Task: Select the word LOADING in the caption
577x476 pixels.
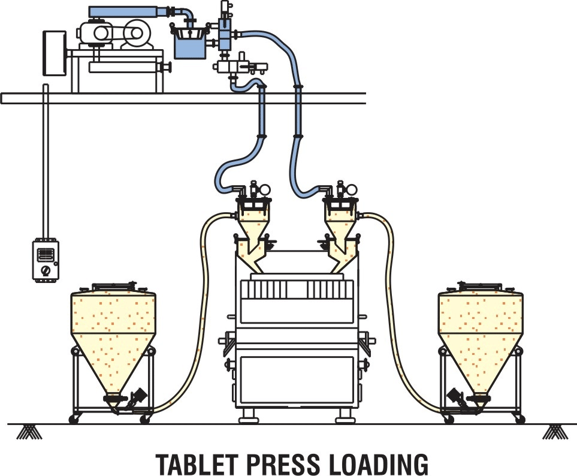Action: click(378, 464)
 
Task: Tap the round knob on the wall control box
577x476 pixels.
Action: click(46, 270)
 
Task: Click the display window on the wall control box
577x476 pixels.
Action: click(46, 255)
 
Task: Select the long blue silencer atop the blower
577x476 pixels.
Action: click(128, 12)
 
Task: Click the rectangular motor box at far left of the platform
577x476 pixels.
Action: click(55, 53)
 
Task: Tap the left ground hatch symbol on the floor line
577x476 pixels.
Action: click(29, 432)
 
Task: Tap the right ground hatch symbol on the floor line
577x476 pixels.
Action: click(555, 432)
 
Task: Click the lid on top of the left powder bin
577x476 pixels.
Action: click(114, 286)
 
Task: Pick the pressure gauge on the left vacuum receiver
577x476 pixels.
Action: click(265, 189)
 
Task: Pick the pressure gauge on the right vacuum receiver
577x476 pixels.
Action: click(351, 189)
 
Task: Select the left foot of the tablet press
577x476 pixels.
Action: click(249, 416)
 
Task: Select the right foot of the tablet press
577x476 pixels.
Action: click(345, 416)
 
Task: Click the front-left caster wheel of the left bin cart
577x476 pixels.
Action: click(74, 419)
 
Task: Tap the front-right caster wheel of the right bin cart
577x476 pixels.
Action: click(520, 419)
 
